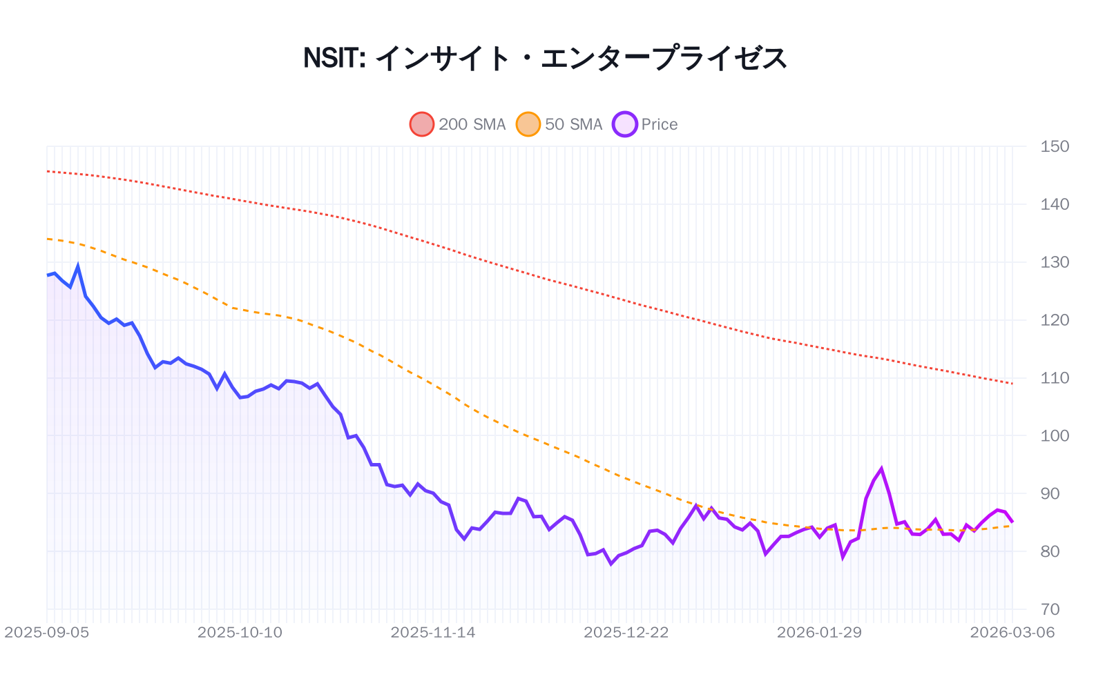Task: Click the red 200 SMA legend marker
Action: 422,124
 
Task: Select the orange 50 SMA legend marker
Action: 528,124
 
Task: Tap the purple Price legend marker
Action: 624,124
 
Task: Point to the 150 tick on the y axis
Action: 1055,146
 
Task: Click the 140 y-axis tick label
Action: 1055,204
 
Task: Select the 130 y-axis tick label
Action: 1055,262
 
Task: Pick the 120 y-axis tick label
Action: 1055,320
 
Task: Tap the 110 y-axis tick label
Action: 1055,378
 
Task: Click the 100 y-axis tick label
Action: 1055,435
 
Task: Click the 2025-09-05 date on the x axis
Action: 47,633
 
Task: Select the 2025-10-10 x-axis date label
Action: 240,633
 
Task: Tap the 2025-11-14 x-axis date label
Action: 433,633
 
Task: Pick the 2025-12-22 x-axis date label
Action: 626,633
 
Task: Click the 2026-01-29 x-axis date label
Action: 819,633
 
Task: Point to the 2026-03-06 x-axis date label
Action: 1012,633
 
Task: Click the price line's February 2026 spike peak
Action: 881,469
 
